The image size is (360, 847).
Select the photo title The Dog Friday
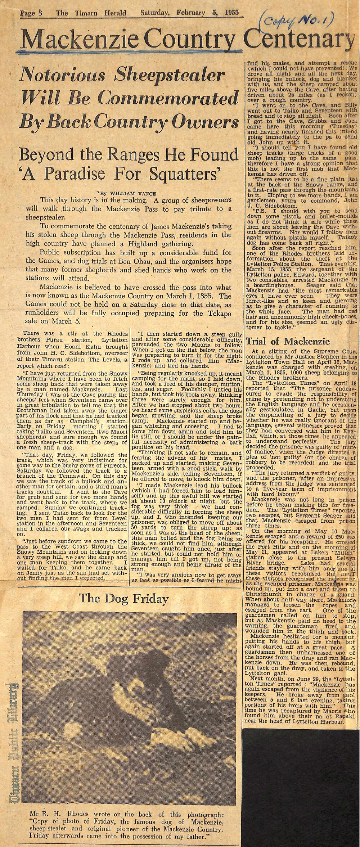click(123, 599)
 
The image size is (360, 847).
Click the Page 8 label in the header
click(32, 13)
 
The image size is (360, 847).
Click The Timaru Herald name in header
click(91, 13)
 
